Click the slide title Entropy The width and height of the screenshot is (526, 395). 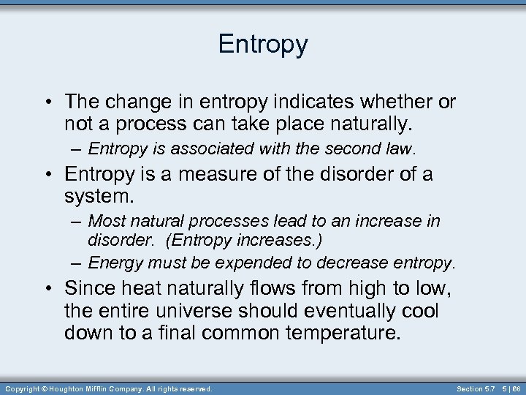click(263, 45)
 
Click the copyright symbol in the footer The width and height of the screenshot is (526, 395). click(44, 388)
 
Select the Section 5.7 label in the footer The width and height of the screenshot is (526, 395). click(475, 388)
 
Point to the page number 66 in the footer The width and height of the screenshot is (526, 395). click(517, 388)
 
